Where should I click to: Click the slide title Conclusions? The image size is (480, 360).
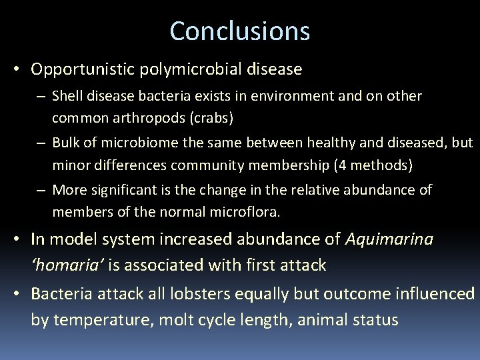tap(240, 31)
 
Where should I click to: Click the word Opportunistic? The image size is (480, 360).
tap(82, 69)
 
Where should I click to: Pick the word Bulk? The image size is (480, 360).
tap(65, 143)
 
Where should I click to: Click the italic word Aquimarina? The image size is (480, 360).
tap(389, 239)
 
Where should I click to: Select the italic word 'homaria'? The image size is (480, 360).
tap(67, 265)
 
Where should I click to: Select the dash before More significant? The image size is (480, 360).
tap(41, 190)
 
